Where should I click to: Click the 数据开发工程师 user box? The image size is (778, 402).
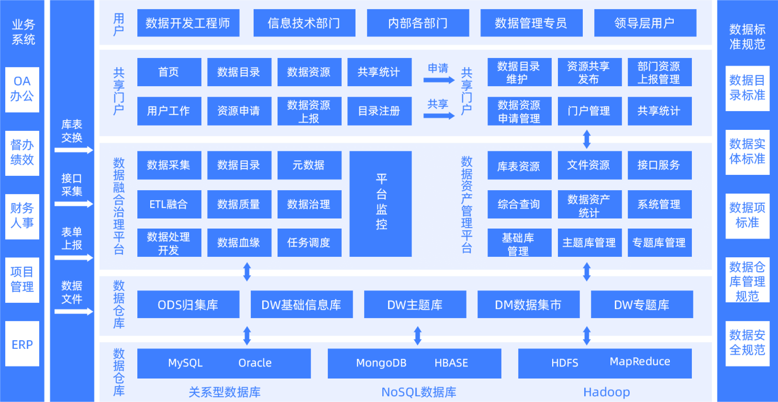tap(188, 23)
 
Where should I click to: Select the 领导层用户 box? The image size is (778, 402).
tap(645, 23)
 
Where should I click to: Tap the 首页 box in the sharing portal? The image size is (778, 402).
tap(169, 72)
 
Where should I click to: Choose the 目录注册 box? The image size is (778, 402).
tap(379, 111)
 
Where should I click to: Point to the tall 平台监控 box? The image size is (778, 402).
tap(381, 204)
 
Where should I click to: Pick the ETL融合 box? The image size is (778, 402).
tap(169, 205)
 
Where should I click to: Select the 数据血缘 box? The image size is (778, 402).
tap(239, 243)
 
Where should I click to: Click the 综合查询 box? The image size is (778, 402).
tap(519, 205)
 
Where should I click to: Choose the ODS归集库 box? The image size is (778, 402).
tap(188, 305)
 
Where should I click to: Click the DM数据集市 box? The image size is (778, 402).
tap(528, 305)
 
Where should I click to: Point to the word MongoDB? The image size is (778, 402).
tap(381, 363)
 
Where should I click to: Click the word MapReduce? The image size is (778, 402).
tap(640, 362)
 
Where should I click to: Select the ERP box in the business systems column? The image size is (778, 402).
tap(22, 345)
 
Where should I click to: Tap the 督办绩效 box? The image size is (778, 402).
tap(22, 152)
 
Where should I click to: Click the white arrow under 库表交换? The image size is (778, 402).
tap(74, 150)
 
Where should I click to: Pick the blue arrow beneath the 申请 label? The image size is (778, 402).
tap(439, 80)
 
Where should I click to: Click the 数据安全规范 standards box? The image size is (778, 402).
tap(747, 343)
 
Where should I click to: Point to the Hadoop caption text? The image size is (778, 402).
tap(606, 392)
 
